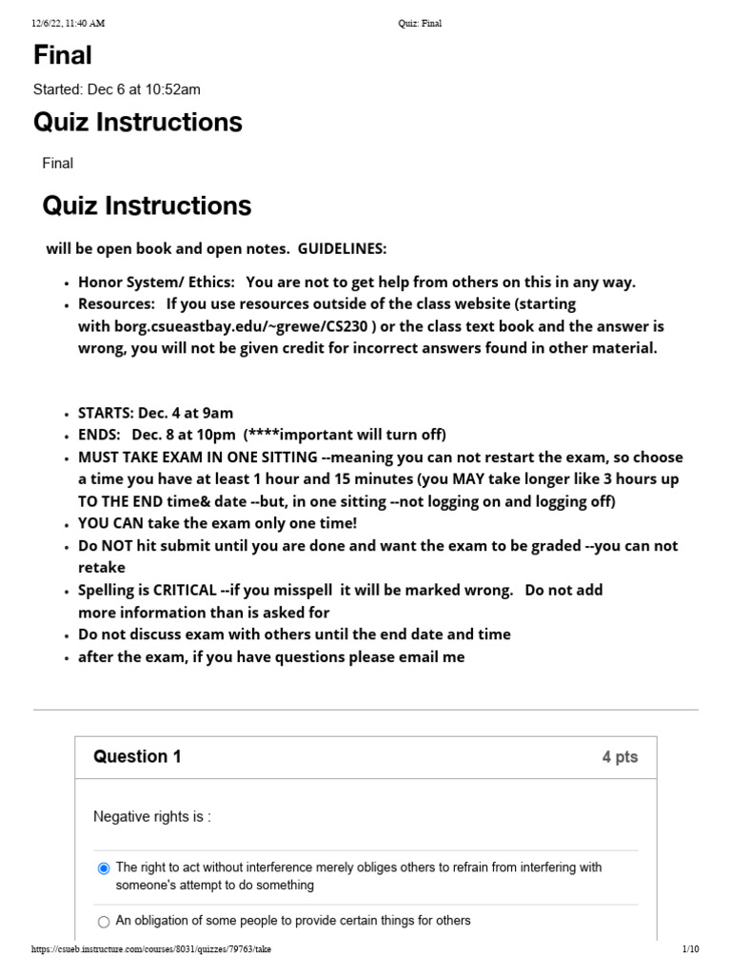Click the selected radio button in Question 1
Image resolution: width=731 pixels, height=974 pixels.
click(104, 868)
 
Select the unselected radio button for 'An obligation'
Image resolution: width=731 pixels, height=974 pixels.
click(104, 921)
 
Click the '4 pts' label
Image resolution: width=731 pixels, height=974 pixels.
click(620, 757)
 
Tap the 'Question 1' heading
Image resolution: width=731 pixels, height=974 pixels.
click(137, 757)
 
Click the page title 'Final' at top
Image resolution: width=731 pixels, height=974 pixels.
click(63, 55)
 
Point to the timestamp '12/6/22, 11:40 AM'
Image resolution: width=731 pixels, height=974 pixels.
click(68, 24)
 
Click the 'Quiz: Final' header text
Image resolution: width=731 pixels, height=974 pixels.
click(419, 24)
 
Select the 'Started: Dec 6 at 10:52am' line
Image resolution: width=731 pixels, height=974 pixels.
click(116, 89)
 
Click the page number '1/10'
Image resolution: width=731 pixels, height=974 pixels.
click(690, 949)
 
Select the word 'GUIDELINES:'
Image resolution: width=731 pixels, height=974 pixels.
click(343, 248)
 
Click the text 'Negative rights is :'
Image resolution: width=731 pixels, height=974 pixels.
click(151, 816)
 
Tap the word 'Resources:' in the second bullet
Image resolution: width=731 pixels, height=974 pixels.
click(116, 303)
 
